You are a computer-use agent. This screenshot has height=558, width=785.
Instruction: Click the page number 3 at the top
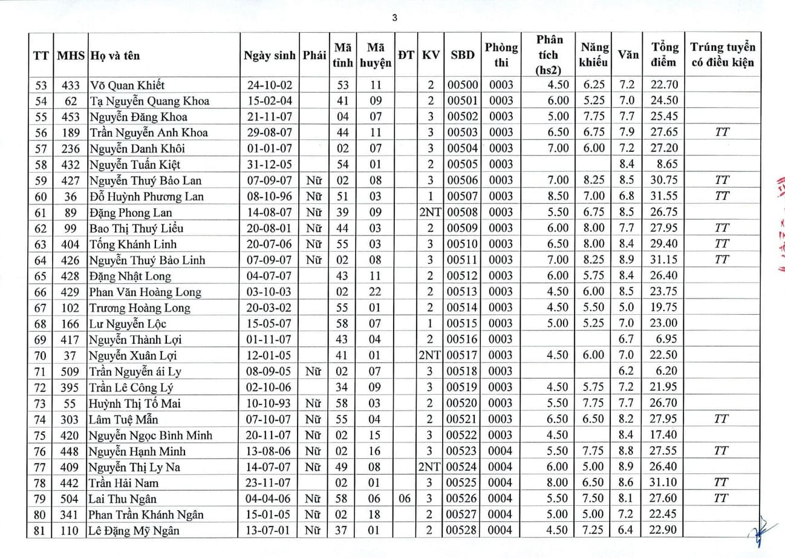(394, 18)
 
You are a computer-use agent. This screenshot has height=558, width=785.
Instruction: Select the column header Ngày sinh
(269, 56)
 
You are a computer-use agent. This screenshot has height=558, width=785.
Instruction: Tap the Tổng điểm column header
(664, 54)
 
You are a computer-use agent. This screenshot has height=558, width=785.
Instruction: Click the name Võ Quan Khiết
(127, 85)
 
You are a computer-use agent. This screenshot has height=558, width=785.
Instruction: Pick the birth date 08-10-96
(269, 197)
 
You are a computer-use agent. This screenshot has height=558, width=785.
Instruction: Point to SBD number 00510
(463, 244)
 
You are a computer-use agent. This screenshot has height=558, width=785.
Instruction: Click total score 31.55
(664, 197)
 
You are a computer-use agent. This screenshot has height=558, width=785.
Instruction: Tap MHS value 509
(71, 372)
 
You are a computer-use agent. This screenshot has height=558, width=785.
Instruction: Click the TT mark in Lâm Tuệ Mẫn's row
(721, 419)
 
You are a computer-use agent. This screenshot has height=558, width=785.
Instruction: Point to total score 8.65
(664, 165)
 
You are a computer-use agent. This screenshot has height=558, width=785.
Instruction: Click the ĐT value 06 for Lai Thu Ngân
(406, 499)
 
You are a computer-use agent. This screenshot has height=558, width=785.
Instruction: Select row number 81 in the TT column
(41, 531)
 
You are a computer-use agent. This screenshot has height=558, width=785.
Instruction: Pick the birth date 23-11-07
(269, 483)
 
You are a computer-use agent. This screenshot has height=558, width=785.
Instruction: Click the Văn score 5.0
(626, 308)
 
